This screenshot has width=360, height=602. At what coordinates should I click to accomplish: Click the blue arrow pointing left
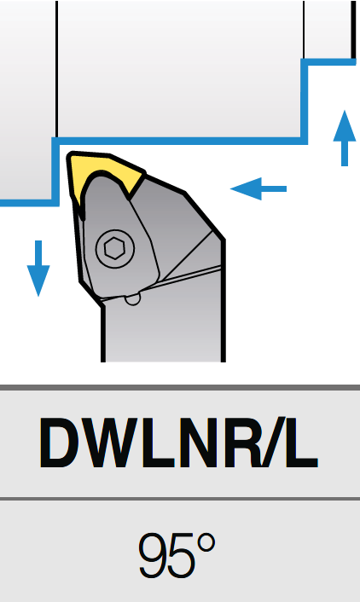click(x=258, y=188)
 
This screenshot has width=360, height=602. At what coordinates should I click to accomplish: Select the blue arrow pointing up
click(x=345, y=138)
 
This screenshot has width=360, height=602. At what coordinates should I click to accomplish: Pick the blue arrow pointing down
click(x=38, y=269)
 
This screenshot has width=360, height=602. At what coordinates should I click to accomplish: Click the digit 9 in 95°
click(x=153, y=556)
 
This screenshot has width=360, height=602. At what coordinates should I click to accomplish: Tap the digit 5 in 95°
click(x=183, y=556)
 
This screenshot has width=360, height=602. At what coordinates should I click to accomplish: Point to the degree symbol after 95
click(x=206, y=543)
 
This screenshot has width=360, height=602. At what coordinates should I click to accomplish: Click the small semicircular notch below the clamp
click(x=133, y=298)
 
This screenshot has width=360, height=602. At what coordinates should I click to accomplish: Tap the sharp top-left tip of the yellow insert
click(x=70, y=154)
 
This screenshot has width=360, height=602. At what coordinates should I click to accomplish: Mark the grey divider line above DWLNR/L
click(x=180, y=387)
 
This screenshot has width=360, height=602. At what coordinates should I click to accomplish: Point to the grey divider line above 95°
click(x=180, y=498)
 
